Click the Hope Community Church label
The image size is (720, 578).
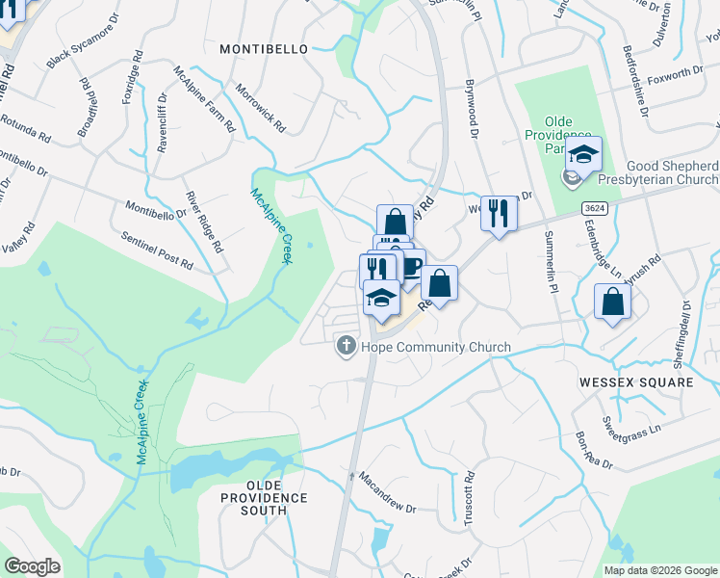coord(435,347)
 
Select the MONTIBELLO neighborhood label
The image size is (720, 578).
coord(264,48)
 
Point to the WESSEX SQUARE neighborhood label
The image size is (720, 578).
coord(636,382)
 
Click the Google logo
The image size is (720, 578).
coord(32,566)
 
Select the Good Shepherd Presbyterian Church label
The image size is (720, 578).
coord(672,172)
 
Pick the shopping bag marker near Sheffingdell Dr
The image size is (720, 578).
coord(612,302)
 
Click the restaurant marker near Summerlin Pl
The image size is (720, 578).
coord(498,213)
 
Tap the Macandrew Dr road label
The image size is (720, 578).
coord(387,491)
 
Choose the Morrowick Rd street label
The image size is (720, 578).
coord(263,107)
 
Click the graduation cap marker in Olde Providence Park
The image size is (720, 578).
coord(583,154)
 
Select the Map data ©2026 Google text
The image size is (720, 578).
coord(660,570)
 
